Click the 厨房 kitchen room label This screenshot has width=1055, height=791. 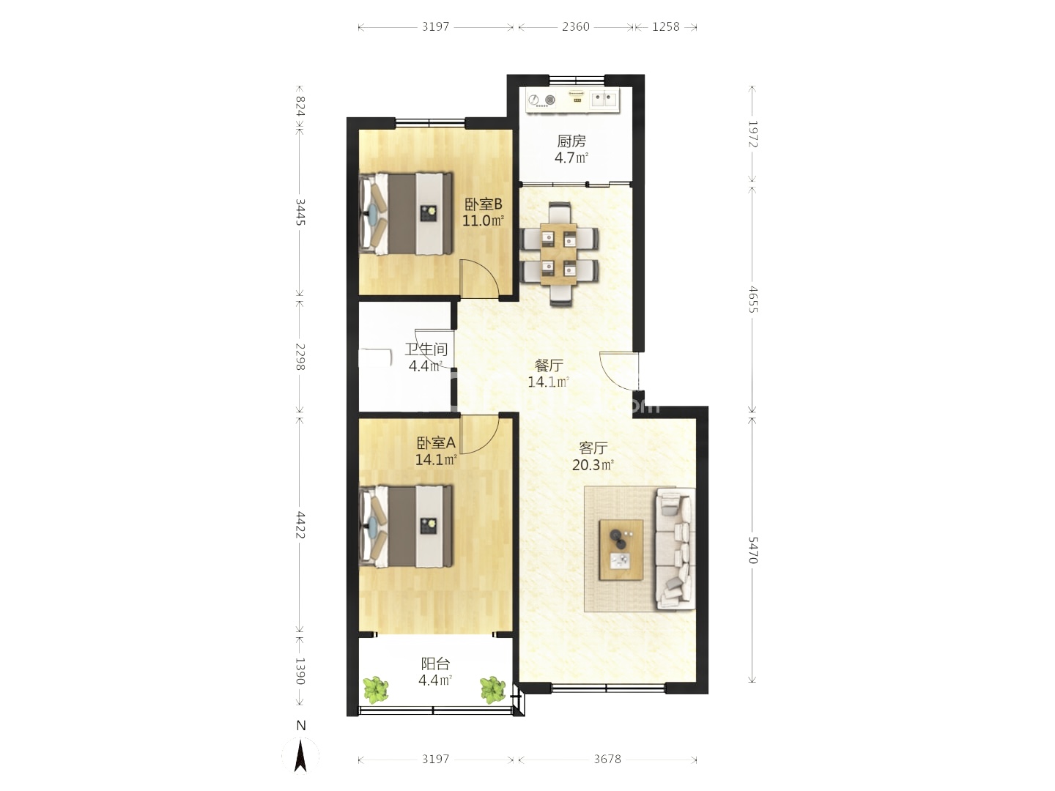pyautogui.click(x=571, y=141)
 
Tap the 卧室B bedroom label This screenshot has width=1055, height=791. pyautogui.click(x=483, y=204)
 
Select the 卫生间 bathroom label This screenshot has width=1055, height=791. pyautogui.click(x=426, y=349)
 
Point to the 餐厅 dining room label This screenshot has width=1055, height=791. pyautogui.click(x=549, y=366)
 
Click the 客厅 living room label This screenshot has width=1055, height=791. pyautogui.click(x=593, y=448)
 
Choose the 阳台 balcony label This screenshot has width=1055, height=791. pyautogui.click(x=435, y=664)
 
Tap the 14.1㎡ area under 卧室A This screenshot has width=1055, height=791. pyautogui.click(x=436, y=460)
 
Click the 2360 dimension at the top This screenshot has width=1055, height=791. pyautogui.click(x=576, y=27)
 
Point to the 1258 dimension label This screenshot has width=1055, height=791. pyautogui.click(x=666, y=27)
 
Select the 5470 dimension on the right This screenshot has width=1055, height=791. pyautogui.click(x=752, y=550)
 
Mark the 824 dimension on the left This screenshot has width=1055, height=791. pyautogui.click(x=300, y=106)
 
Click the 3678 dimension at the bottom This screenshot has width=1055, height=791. pyautogui.click(x=607, y=760)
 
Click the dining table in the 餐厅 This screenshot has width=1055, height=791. pyautogui.click(x=558, y=254)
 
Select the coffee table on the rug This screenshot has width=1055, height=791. pyautogui.click(x=621, y=550)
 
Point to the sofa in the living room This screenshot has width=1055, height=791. pyautogui.click(x=675, y=549)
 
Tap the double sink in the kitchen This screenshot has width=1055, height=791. pyautogui.click(x=603, y=100)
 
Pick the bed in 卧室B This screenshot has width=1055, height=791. pyautogui.click(x=407, y=214)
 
